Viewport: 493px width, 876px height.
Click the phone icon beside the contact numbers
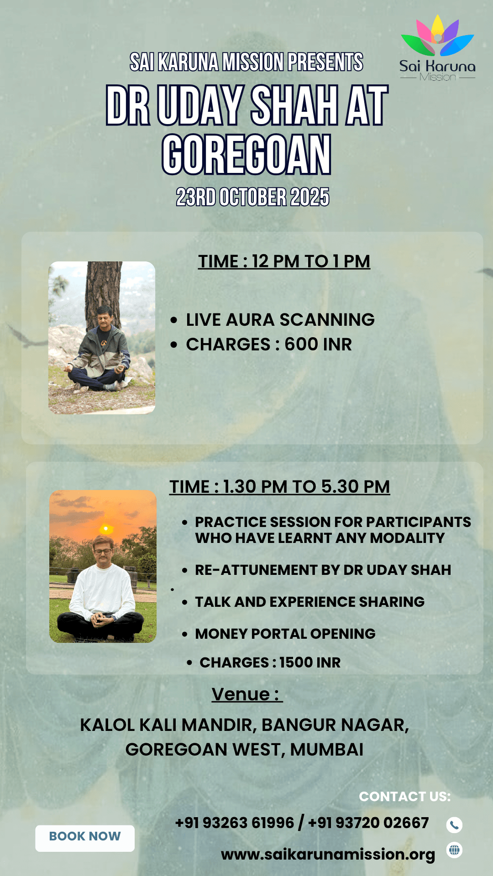pos(454,825)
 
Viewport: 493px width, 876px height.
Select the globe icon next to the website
pos(454,850)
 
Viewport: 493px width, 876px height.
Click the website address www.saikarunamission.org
pos(328,854)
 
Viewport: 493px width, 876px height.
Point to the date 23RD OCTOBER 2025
pos(252,197)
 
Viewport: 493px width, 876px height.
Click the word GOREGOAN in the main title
pos(246,155)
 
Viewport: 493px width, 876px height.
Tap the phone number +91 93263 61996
pos(235,823)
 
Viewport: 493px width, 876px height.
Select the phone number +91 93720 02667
pos(368,823)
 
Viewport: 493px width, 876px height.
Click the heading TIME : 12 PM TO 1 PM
pos(284,261)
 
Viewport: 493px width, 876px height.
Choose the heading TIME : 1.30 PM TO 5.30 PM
pos(280,487)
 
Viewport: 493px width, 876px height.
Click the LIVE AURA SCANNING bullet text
pos(280,320)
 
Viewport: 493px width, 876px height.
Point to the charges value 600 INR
pos(318,344)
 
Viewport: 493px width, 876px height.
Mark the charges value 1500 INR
pos(310,662)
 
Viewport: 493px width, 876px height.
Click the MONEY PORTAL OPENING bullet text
pos(285,634)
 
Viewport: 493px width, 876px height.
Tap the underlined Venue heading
pos(246,694)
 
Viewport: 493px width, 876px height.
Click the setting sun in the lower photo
pos(106,529)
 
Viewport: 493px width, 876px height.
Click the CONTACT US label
pos(404,797)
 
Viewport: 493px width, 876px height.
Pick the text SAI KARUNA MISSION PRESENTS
pos(246,62)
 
